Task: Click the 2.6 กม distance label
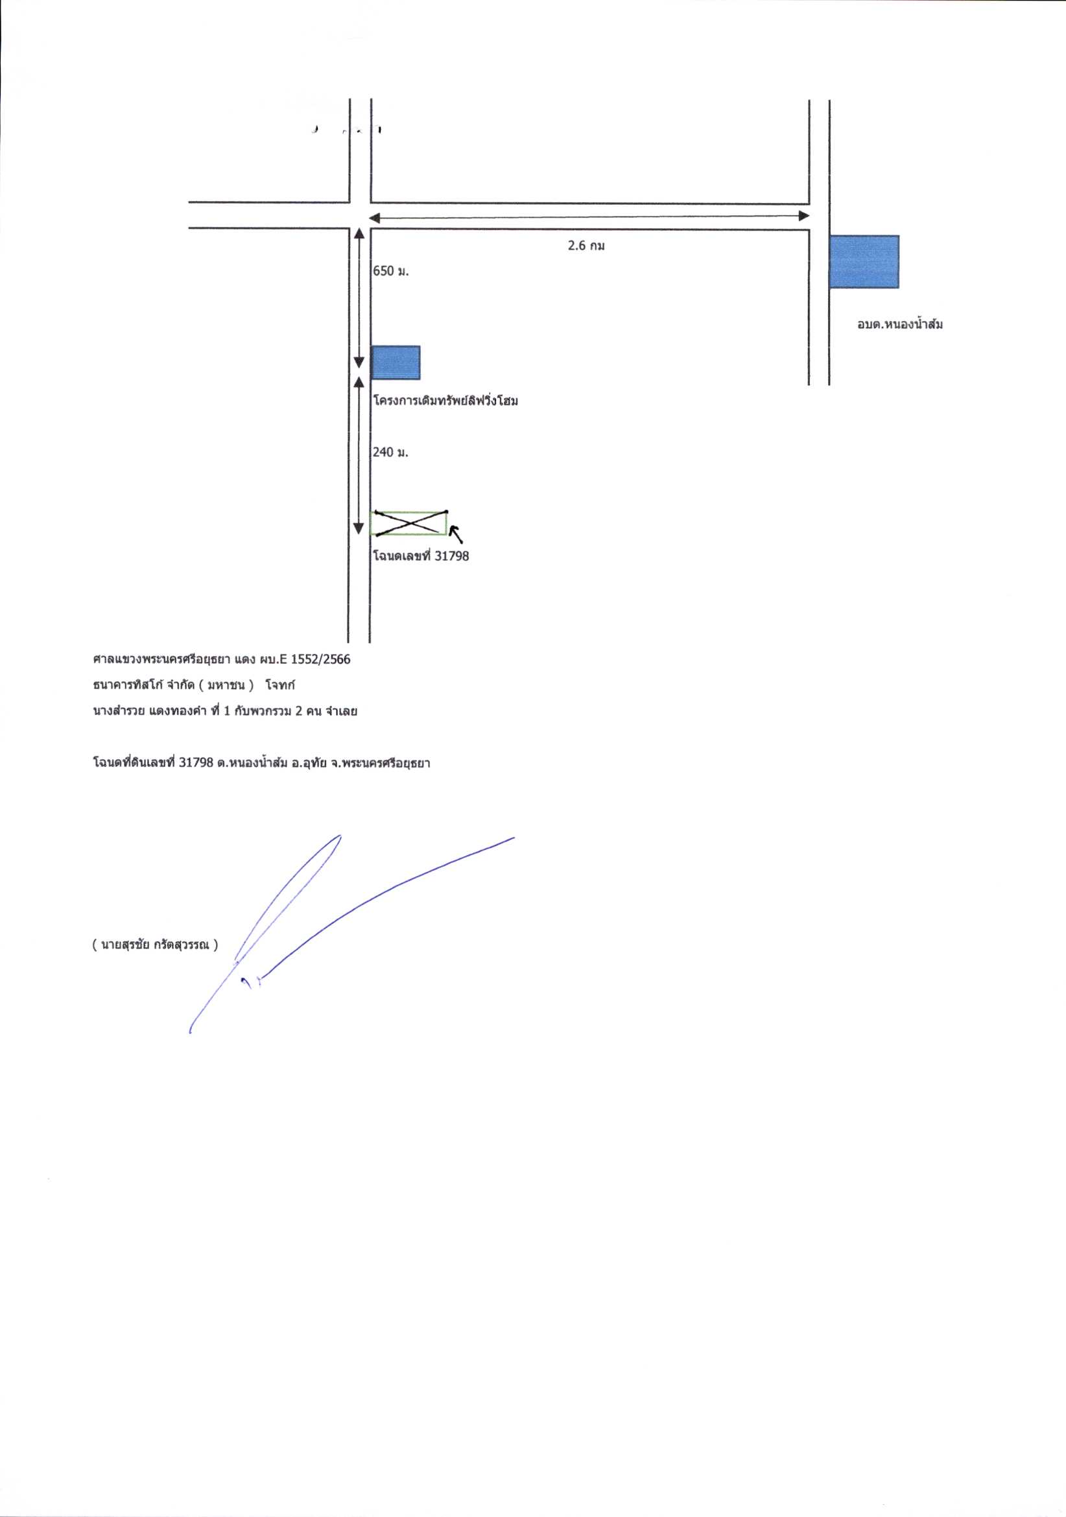tap(586, 246)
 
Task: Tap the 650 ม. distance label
tap(391, 271)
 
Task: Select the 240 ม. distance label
tap(391, 453)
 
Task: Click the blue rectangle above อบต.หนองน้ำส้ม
tap(864, 262)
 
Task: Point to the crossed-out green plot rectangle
tap(409, 523)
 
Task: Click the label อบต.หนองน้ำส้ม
tap(899, 324)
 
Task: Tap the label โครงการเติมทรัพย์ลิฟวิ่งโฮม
tap(445, 401)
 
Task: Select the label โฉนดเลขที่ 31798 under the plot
tap(421, 556)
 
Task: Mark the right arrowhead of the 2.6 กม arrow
tap(804, 216)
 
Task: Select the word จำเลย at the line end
tap(342, 712)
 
